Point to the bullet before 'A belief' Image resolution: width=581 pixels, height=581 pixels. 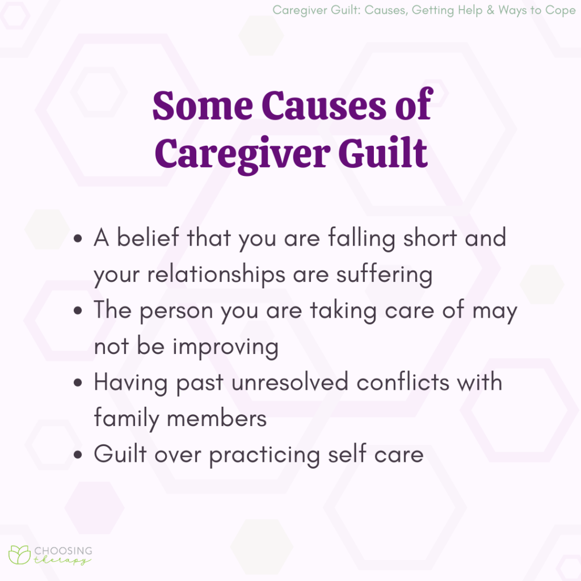point(81,239)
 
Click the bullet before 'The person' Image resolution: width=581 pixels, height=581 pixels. point(81,311)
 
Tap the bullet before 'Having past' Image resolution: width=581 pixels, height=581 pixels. point(81,383)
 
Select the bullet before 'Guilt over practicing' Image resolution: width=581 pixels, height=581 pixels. point(81,455)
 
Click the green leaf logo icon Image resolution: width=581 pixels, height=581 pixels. point(19,555)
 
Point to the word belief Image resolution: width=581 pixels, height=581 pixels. point(148,238)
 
